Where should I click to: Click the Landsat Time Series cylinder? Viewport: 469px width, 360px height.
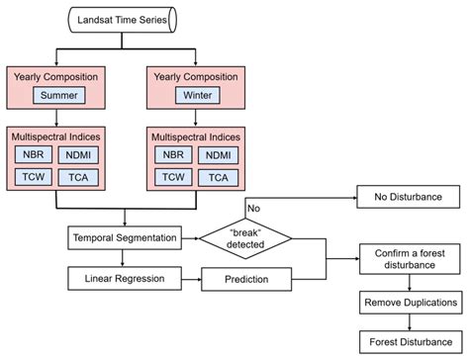click(x=122, y=18)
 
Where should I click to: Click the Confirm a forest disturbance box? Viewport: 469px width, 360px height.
click(x=408, y=259)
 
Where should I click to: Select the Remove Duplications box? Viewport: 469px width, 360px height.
click(x=408, y=302)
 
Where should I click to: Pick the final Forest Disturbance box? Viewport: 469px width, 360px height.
click(x=408, y=343)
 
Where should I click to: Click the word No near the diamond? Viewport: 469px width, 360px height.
click(x=254, y=209)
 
